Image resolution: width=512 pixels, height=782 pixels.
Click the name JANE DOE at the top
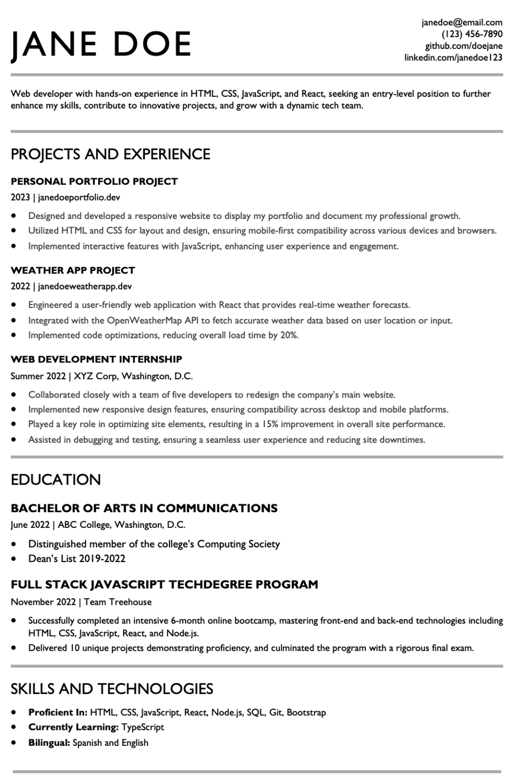click(101, 44)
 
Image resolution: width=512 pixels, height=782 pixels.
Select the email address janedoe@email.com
click(462, 22)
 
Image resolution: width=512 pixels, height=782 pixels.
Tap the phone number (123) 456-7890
click(472, 34)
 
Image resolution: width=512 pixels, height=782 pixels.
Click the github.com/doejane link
click(464, 46)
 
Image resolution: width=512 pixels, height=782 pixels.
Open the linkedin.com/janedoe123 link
click(453, 58)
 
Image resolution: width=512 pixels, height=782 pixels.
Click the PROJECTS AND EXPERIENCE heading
click(110, 154)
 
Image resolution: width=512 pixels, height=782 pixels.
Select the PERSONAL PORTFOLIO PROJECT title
click(94, 181)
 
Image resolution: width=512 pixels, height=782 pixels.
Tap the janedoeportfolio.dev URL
click(79, 197)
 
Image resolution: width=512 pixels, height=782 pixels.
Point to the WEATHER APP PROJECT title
click(73, 270)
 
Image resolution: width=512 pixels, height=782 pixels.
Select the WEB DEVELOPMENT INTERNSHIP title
click(96, 359)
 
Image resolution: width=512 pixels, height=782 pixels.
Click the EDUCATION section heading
click(56, 480)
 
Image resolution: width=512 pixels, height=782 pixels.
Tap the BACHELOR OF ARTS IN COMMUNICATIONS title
click(144, 508)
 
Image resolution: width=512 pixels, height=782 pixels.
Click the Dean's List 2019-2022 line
click(77, 558)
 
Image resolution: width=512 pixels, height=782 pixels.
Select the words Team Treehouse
click(118, 602)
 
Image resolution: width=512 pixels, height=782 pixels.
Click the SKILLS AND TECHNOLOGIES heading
click(112, 689)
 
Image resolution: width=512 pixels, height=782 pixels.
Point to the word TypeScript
click(143, 727)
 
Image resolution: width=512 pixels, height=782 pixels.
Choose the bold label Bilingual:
click(49, 742)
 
